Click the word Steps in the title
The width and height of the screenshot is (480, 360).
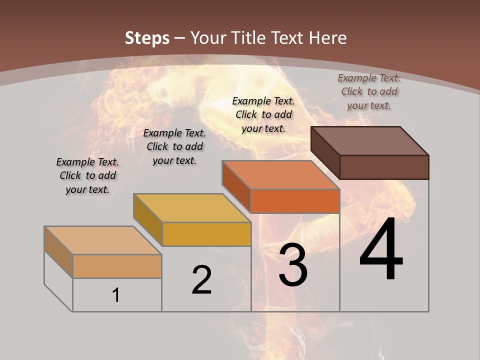[147, 38]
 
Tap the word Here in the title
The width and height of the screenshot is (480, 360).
[328, 38]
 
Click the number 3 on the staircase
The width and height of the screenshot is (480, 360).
[293, 265]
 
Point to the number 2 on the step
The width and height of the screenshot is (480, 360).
[201, 280]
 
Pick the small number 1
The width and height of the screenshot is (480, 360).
[116, 295]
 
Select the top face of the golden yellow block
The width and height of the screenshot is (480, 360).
[192, 208]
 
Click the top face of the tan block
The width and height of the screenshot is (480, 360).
[103, 240]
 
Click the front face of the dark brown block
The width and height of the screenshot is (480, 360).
[384, 167]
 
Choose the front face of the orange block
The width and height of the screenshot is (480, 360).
[295, 201]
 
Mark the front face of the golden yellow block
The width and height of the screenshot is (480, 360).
[206, 234]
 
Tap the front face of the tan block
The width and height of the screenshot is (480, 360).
[117, 266]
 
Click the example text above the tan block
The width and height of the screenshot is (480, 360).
[87, 175]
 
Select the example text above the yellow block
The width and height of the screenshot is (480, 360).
[174, 146]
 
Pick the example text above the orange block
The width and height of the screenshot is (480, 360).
[263, 114]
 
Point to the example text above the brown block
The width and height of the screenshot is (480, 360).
[369, 91]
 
